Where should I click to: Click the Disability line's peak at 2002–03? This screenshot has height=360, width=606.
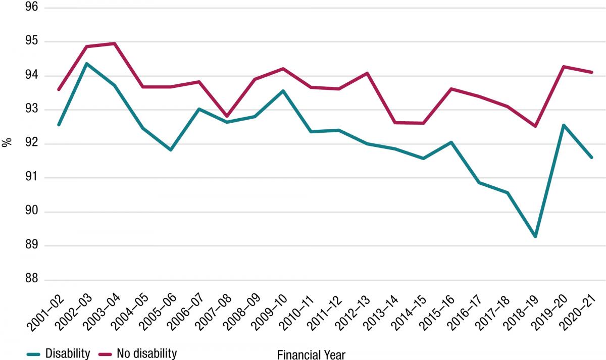point(86,64)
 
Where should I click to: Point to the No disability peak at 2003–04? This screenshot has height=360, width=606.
point(115,43)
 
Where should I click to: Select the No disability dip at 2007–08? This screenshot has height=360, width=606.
point(227,116)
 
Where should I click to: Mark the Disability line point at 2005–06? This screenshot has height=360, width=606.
point(171,150)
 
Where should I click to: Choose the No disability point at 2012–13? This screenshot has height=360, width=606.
point(367,73)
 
